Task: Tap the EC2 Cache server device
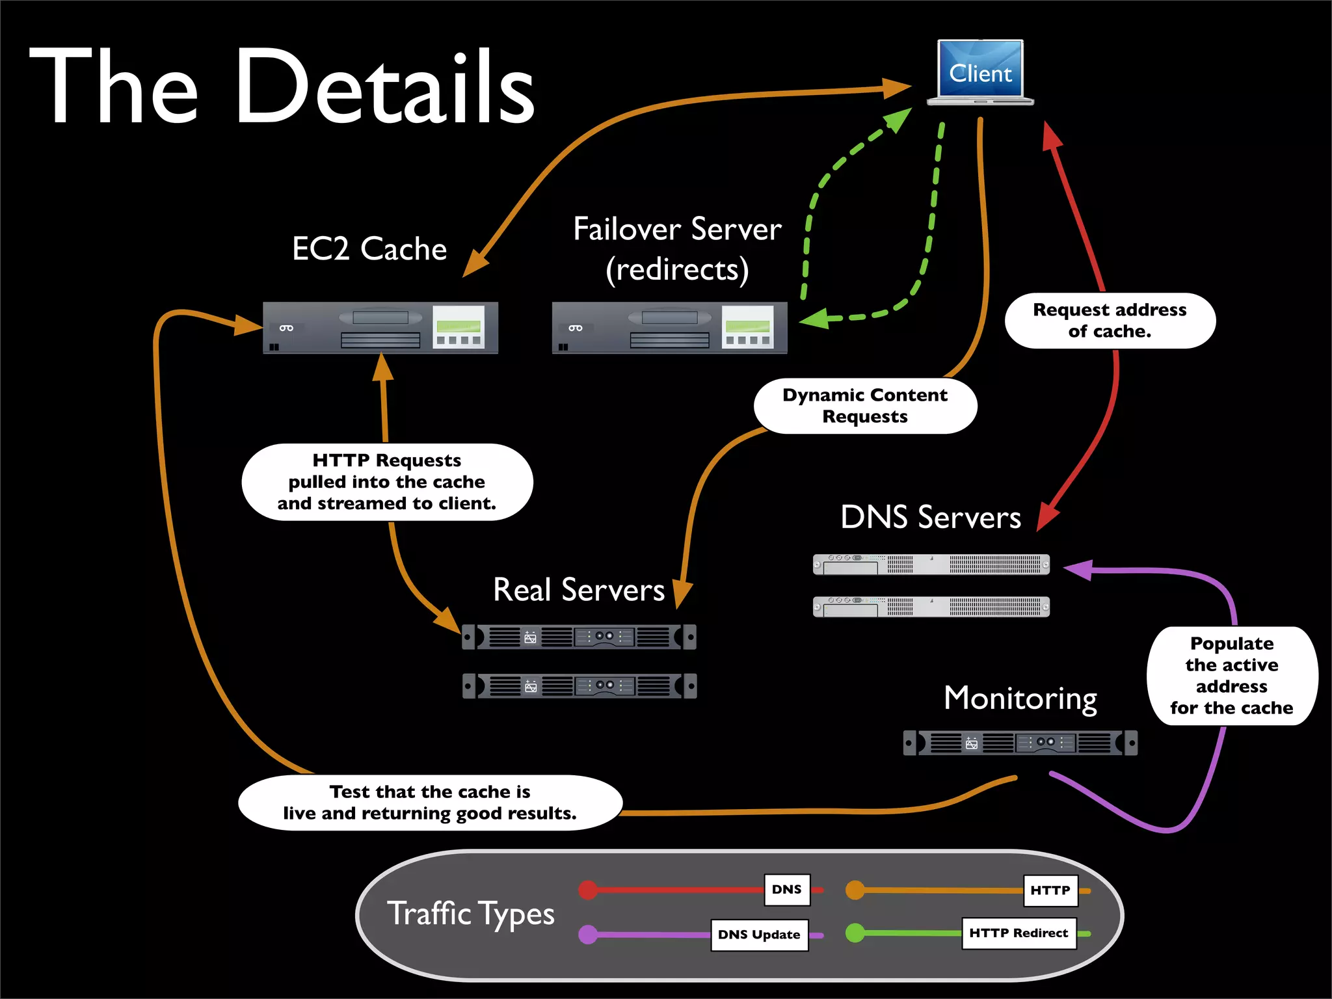click(x=380, y=327)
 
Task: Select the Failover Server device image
click(x=669, y=327)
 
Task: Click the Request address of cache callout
click(x=1110, y=321)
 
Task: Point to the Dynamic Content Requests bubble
click(x=865, y=406)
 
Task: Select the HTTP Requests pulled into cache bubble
click(x=387, y=482)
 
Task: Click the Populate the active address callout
click(x=1231, y=676)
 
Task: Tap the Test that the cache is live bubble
click(x=430, y=803)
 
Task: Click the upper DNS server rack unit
click(x=931, y=564)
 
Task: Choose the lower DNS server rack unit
click(x=931, y=606)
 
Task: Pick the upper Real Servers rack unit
click(x=579, y=637)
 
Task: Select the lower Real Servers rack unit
click(x=579, y=686)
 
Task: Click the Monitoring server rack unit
click(x=1020, y=743)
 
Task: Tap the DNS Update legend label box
click(x=759, y=935)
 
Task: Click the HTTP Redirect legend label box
click(x=1019, y=933)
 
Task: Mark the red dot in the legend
click(x=588, y=890)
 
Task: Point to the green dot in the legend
click(x=855, y=933)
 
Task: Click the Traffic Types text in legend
click(x=470, y=914)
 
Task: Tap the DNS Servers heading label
click(x=930, y=518)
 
